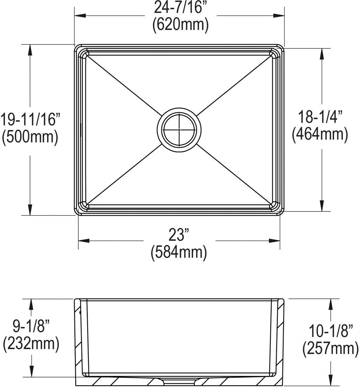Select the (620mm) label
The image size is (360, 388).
click(x=180, y=24)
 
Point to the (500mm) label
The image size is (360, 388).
click(x=30, y=137)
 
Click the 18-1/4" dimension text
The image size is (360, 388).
click(x=320, y=116)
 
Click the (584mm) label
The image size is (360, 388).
click(x=178, y=252)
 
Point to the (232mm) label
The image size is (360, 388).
click(x=31, y=343)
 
